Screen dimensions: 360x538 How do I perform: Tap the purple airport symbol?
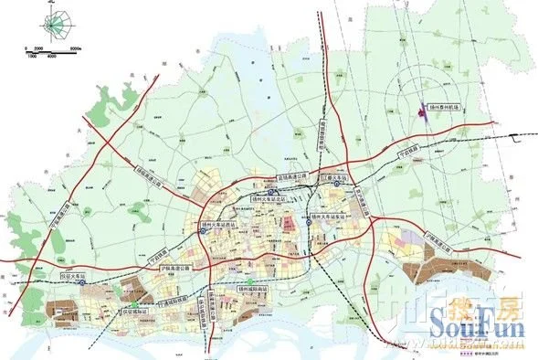pos(422,111)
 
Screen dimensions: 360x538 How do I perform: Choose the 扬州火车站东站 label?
pos(330,216)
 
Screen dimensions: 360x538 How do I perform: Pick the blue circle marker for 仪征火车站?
pos(83,283)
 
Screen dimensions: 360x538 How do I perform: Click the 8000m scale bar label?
pos(76,48)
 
